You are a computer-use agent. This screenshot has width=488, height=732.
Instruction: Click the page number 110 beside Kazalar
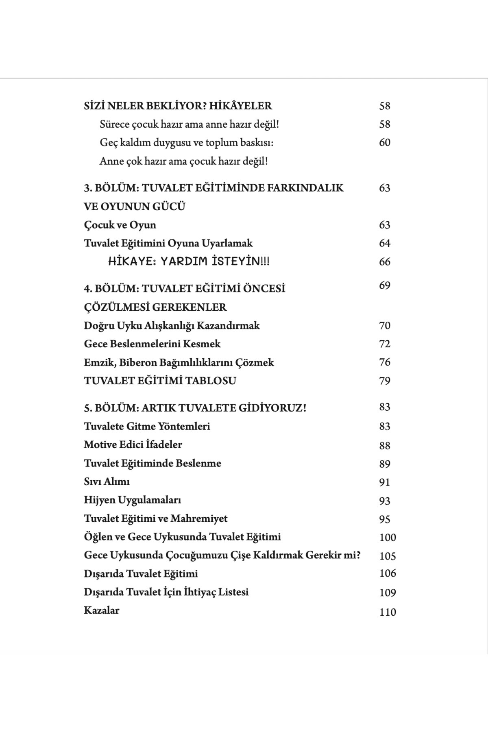tap(387, 612)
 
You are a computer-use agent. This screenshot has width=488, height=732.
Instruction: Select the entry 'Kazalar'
tap(101, 610)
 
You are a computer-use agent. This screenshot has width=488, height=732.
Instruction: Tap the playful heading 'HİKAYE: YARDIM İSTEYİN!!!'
tap(189, 261)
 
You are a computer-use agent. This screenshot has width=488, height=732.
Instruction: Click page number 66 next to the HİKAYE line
tap(384, 261)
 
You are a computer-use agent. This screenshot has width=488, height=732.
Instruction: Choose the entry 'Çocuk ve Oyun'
tap(120, 225)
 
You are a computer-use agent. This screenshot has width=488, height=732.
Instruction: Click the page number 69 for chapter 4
tap(384, 285)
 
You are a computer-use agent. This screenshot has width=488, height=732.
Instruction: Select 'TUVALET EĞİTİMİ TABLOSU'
tap(160, 381)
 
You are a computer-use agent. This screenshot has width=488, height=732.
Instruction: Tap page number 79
tap(384, 381)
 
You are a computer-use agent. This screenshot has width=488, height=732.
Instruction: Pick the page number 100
tap(387, 537)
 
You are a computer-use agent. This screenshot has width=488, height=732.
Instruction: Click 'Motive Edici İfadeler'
tap(133, 444)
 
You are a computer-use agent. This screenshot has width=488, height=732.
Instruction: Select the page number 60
tap(384, 142)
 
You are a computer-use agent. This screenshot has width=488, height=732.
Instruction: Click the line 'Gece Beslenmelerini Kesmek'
tap(152, 344)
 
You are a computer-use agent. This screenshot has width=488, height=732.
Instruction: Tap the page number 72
tap(384, 344)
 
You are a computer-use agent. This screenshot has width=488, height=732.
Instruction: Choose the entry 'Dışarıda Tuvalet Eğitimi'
tap(141, 574)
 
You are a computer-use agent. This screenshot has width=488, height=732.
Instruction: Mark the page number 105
tap(387, 556)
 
